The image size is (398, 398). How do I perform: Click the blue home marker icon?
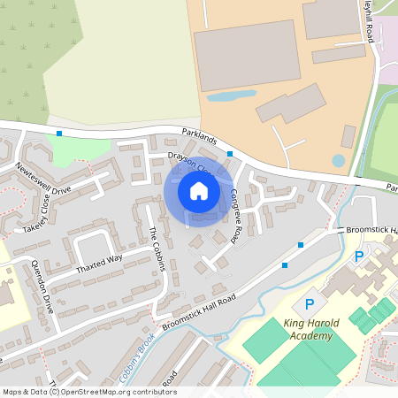[199, 191]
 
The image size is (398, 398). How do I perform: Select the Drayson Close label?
[189, 163]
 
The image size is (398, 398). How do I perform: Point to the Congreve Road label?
[236, 216]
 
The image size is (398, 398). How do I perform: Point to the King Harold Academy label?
[308, 330]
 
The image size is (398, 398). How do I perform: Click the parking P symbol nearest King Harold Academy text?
[310, 304]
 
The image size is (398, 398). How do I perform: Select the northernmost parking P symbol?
[358, 256]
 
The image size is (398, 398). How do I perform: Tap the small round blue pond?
[338, 161]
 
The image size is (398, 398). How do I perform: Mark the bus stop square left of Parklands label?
[59, 134]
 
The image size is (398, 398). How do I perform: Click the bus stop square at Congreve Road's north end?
[230, 154]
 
